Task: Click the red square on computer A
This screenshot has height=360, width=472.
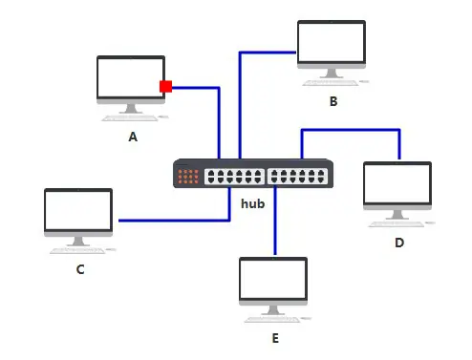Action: point(165,86)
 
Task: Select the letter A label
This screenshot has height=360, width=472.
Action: point(133,137)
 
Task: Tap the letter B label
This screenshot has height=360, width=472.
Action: point(333,101)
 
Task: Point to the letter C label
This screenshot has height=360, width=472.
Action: point(80,269)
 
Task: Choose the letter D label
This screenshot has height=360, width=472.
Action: point(399,243)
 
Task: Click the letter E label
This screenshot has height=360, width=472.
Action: point(275,338)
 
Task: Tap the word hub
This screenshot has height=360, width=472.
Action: point(253,203)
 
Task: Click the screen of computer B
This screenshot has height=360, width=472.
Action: point(332,42)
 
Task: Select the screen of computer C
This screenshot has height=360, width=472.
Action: point(78,210)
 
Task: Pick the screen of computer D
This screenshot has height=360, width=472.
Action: point(397,183)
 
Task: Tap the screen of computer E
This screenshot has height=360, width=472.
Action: point(273,279)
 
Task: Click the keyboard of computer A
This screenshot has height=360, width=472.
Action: point(130,118)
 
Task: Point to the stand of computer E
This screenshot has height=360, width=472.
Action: point(272,310)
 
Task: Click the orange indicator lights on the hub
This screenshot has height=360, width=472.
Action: point(188,177)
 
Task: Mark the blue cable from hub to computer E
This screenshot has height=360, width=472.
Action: point(275,221)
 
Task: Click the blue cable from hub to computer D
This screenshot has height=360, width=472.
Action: point(351,130)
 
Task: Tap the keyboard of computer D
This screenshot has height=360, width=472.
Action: point(397,224)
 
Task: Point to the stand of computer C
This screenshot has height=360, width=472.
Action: point(78,242)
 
